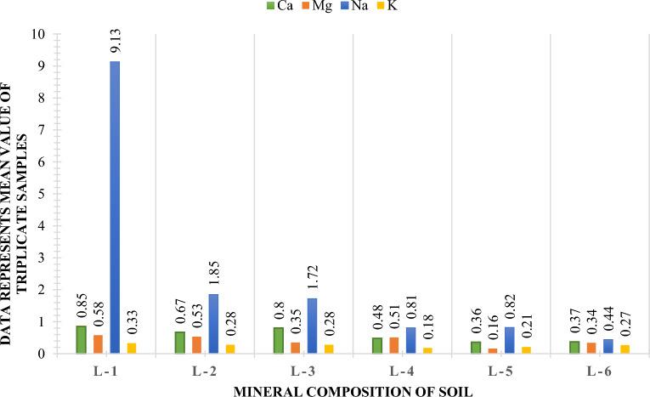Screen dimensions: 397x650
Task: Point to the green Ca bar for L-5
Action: coord(476,347)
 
